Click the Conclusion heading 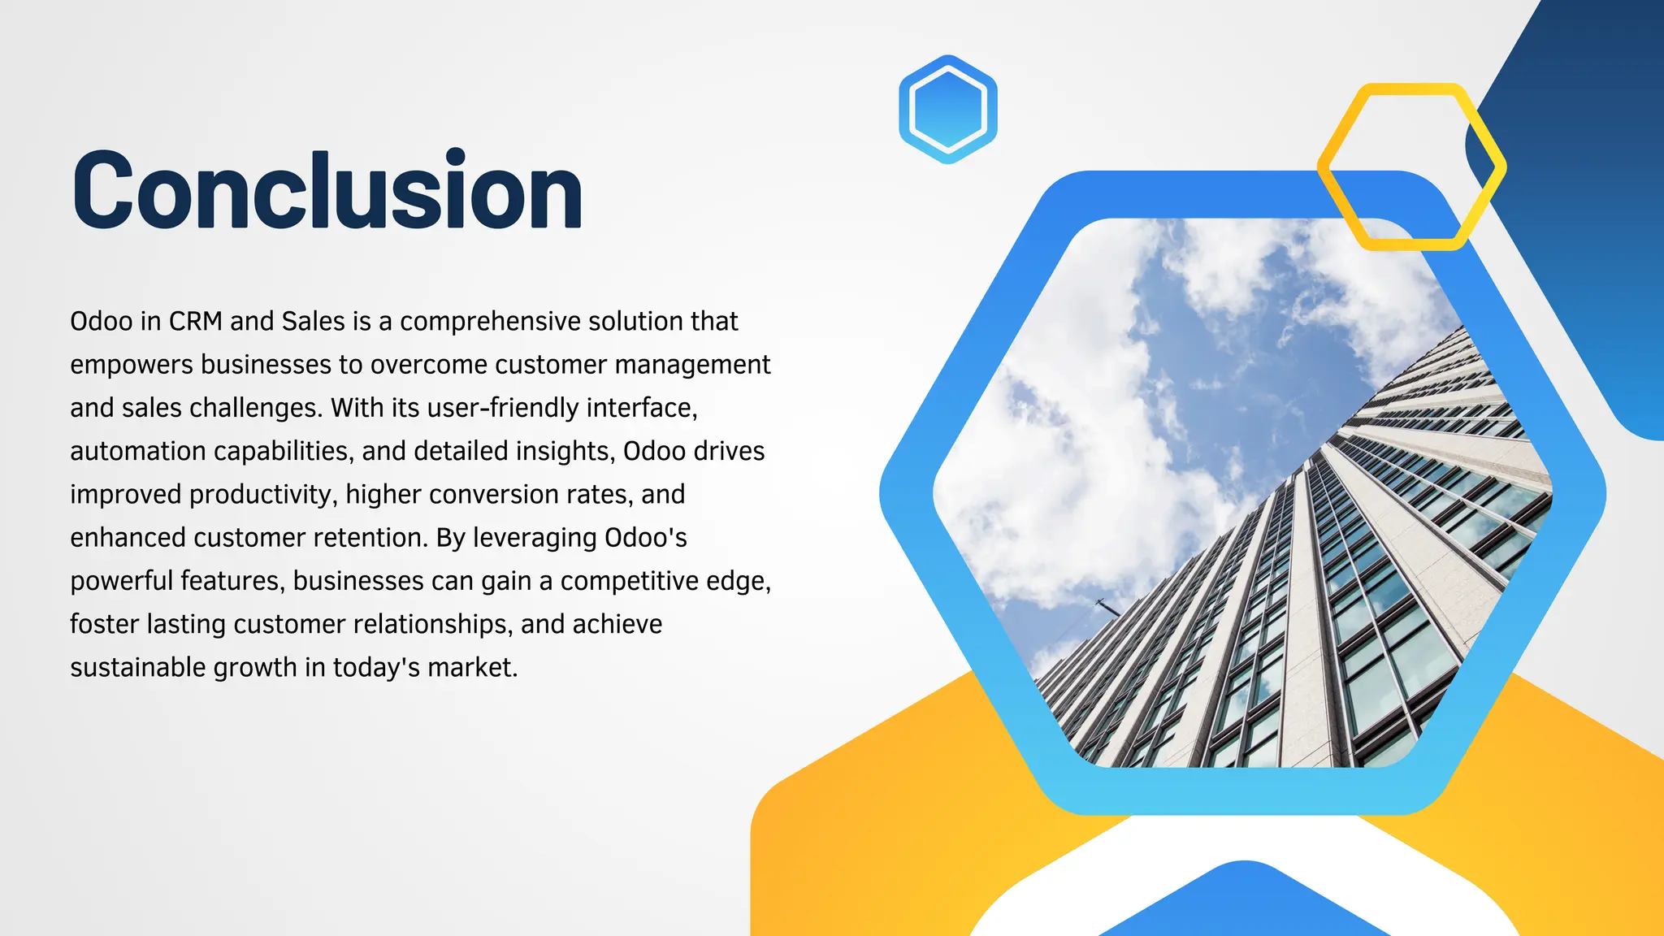coord(327,192)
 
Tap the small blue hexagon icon coord(947,109)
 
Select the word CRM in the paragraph coord(195,322)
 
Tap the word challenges coord(256,408)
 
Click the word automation coord(138,451)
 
